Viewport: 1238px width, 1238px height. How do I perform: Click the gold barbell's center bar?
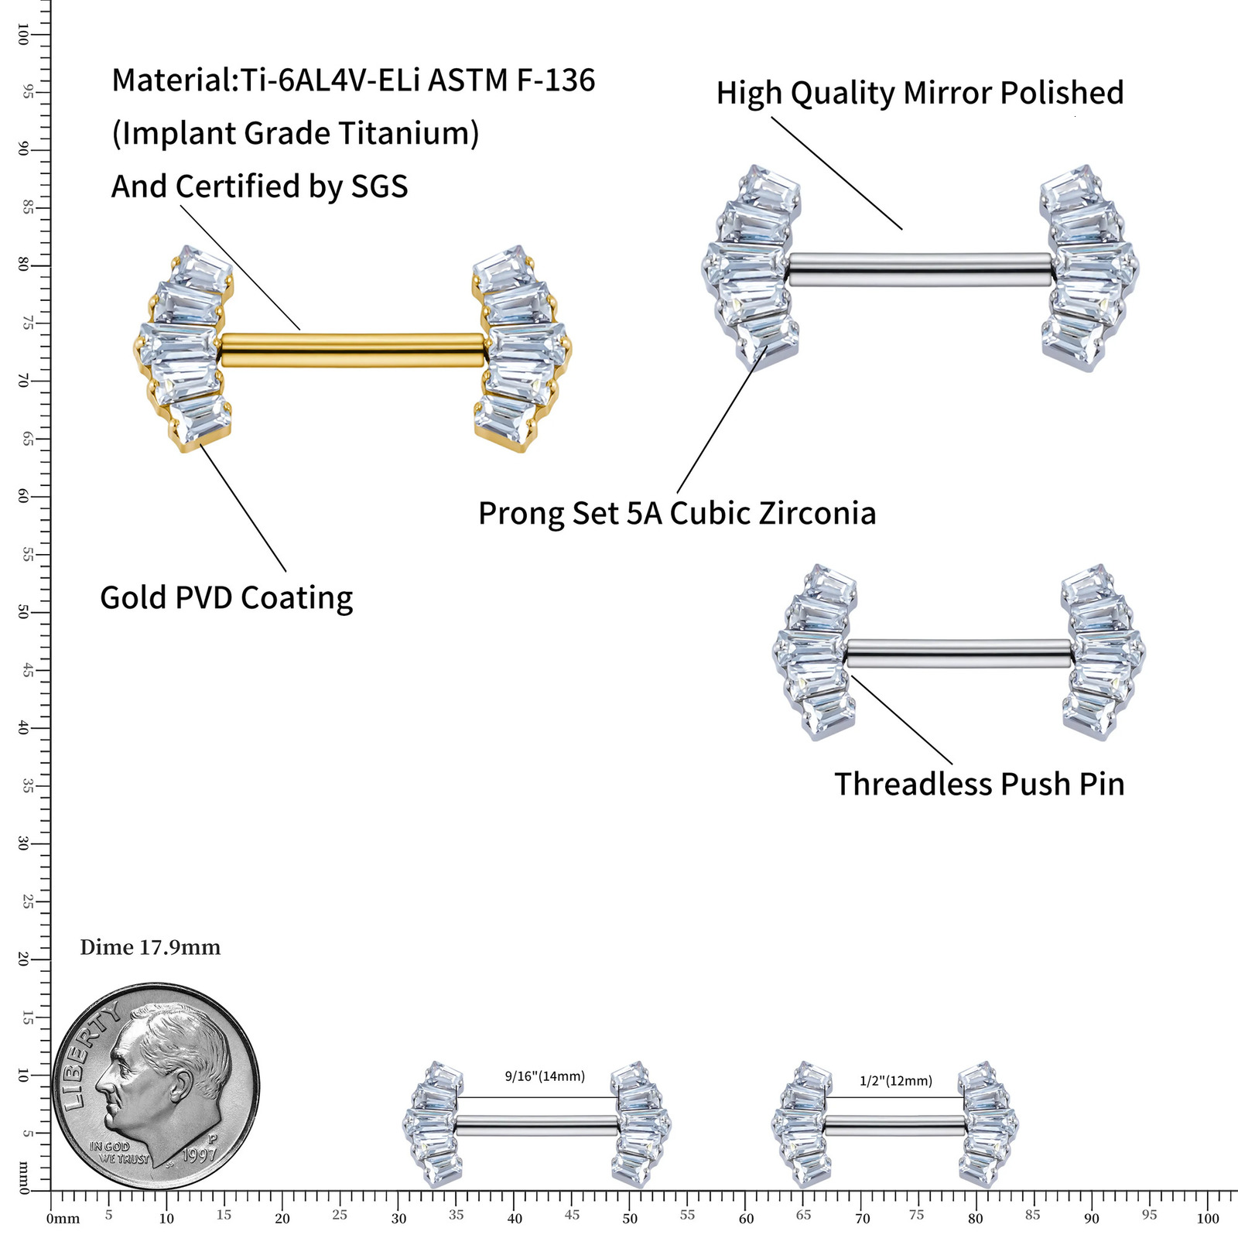[352, 350]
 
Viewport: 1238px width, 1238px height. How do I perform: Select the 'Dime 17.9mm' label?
[150, 948]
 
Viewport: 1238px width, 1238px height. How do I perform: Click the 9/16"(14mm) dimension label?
[545, 1076]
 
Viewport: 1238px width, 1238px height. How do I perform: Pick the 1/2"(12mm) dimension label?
[895, 1081]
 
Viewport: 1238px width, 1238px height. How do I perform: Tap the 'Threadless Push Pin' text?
[979, 784]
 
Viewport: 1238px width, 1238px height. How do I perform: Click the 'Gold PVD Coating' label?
[226, 598]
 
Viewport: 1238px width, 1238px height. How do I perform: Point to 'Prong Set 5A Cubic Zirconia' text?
[677, 514]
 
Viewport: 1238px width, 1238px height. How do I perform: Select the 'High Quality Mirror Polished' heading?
[919, 93]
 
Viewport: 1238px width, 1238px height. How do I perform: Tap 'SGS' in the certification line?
[379, 187]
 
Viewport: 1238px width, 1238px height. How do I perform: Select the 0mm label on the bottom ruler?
[63, 1219]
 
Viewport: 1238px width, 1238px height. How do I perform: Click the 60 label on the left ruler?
[23, 497]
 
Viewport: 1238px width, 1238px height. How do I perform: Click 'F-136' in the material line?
[555, 80]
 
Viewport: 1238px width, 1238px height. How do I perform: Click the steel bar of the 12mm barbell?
[895, 1126]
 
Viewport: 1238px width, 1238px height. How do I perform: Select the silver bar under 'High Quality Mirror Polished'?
[920, 269]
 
